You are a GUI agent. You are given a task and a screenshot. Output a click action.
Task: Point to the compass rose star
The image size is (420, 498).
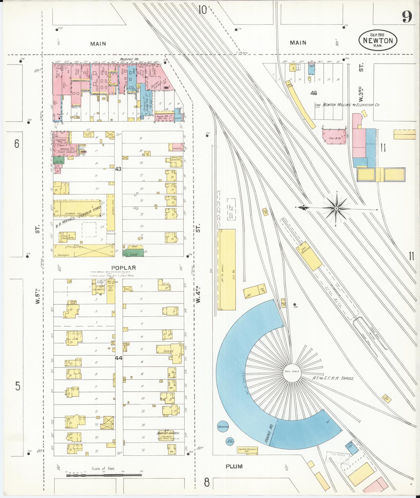pos(336,208)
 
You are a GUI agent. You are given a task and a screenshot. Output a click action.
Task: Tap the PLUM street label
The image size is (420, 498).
pos(234,466)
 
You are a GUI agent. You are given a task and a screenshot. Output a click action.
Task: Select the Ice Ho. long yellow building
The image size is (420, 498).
pos(226,269)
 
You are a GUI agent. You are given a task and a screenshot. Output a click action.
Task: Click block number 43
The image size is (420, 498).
pos(118,169)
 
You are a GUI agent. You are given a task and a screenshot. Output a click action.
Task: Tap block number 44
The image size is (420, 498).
pos(119,358)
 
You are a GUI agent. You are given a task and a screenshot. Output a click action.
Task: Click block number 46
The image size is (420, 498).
pos(314,93)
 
